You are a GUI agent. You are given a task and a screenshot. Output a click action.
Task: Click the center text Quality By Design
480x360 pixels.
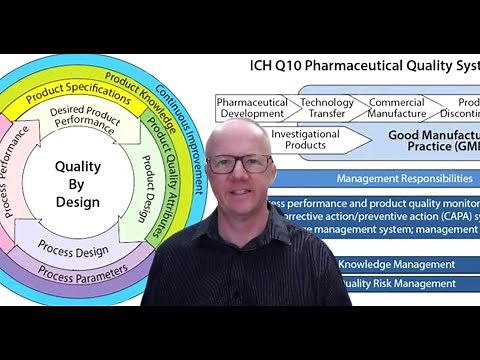[x=78, y=185]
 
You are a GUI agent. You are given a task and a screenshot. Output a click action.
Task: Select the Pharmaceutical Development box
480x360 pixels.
[x=252, y=108]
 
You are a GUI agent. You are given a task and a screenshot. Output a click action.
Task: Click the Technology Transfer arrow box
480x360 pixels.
[x=327, y=108]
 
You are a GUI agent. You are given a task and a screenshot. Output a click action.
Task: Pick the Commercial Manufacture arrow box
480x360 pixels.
[x=396, y=108]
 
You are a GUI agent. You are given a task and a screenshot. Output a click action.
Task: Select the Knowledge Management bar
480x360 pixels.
[x=396, y=264]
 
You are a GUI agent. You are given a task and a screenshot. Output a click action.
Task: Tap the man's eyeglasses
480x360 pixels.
[x=242, y=162]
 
